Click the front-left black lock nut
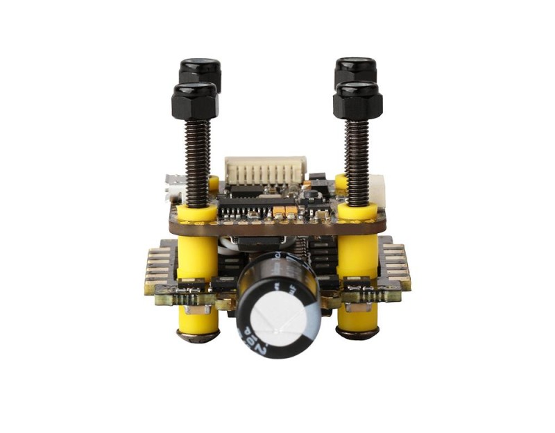(x=195, y=101)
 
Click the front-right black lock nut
(x=357, y=100)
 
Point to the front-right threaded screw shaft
(x=358, y=160)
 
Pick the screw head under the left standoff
(x=197, y=337)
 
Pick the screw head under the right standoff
(x=358, y=334)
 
